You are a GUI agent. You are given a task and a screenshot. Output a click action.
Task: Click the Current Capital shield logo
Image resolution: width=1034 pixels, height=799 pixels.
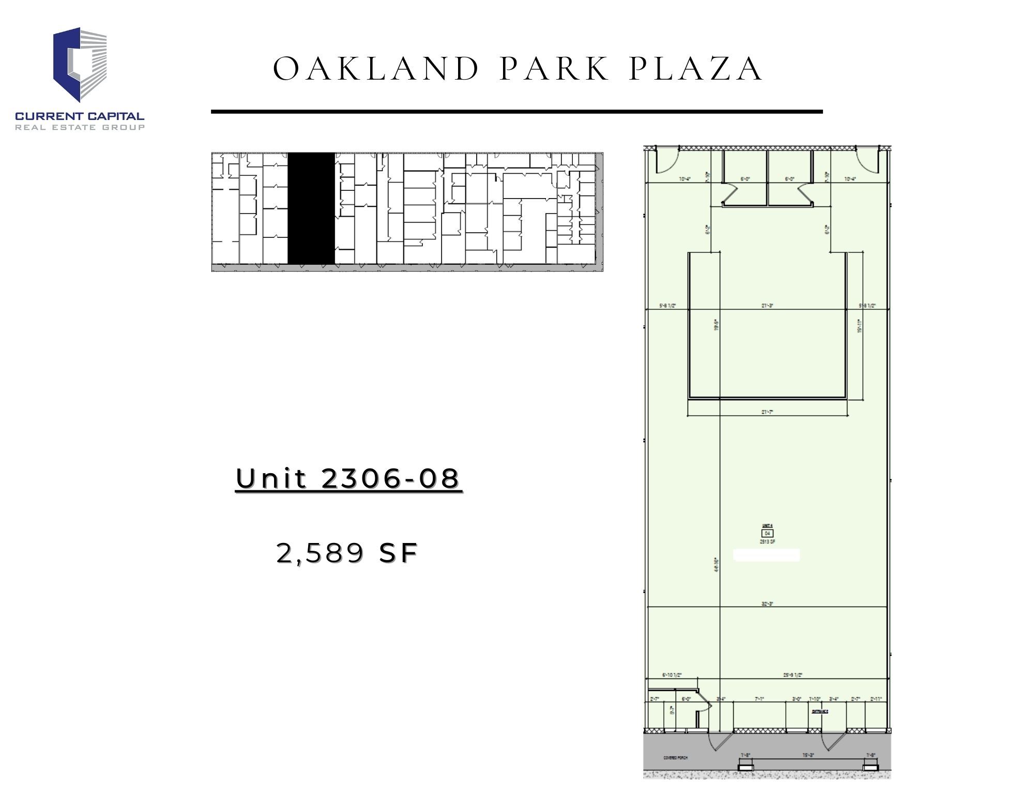tap(80, 64)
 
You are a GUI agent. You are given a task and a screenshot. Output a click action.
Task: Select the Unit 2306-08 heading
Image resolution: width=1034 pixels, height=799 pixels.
tap(348, 478)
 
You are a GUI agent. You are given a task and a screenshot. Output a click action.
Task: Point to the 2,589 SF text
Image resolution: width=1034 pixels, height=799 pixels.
tap(347, 553)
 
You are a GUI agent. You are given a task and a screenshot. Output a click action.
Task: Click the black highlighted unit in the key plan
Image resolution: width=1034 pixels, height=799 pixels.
tap(311, 208)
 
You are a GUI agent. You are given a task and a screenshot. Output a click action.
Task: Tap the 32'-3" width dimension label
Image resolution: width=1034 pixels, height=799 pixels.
tap(767, 604)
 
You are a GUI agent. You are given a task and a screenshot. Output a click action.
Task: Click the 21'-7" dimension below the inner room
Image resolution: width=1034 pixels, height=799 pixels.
tap(767, 412)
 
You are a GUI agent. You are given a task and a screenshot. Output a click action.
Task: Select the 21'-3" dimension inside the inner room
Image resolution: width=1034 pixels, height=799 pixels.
tap(767, 306)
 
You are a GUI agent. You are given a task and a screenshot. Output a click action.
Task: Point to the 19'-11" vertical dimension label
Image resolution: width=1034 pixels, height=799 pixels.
tap(859, 326)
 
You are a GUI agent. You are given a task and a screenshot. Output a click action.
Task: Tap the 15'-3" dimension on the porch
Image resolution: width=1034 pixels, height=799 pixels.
tap(809, 755)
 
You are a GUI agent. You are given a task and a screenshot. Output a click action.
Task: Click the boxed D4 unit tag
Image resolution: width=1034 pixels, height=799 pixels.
tap(767, 533)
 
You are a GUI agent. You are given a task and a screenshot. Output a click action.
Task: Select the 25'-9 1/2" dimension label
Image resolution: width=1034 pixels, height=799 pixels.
tap(793, 675)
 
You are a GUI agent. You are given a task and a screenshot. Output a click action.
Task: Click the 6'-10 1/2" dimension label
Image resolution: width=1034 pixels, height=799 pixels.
tap(672, 675)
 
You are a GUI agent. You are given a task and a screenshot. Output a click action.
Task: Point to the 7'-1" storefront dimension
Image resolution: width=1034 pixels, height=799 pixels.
tap(759, 699)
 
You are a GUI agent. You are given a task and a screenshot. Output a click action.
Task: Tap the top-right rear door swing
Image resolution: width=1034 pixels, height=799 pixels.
tap(869, 160)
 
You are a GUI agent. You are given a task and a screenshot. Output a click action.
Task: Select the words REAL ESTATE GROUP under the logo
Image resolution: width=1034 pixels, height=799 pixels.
tap(80, 127)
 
